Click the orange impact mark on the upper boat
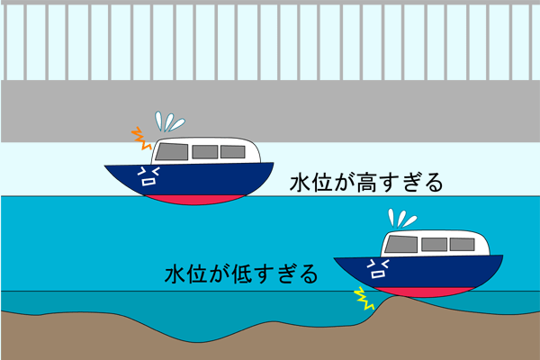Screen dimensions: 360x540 click(x=140, y=139)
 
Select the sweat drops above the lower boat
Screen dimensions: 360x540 click(x=401, y=219)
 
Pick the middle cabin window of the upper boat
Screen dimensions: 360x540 click(x=204, y=151)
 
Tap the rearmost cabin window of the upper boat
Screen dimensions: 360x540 click(x=232, y=151)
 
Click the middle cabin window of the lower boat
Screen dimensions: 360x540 click(x=435, y=244)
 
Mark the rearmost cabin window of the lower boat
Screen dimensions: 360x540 click(x=462, y=244)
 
